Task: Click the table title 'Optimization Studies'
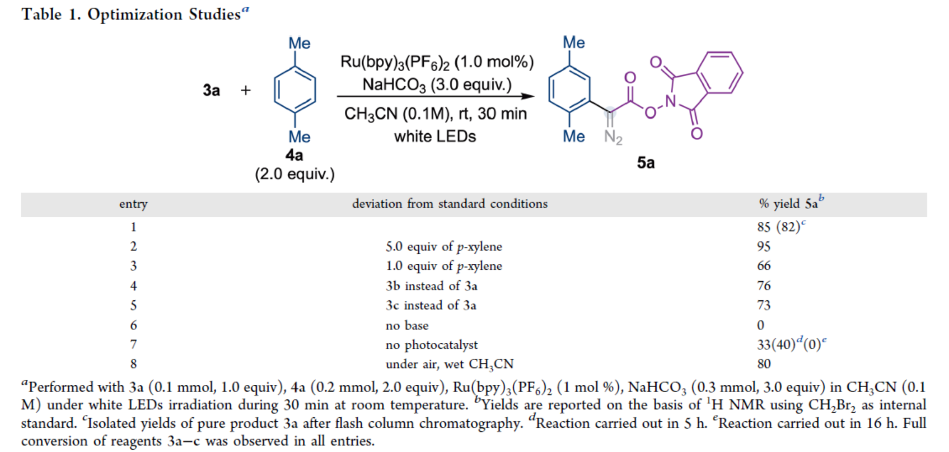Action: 164,14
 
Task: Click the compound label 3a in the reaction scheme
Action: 211,90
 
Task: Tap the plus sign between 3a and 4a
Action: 245,90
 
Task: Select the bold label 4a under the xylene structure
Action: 294,155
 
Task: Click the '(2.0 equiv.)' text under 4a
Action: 294,174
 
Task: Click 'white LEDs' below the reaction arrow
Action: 435,137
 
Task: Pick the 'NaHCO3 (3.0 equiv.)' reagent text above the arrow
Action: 437,85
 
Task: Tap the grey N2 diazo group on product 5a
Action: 613,137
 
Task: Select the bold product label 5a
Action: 646,162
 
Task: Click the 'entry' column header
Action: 133,204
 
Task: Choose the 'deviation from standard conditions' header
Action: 450,204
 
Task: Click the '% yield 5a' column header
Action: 790,203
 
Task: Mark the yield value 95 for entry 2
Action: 764,246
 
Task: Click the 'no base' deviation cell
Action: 407,325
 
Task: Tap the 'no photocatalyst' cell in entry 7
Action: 432,345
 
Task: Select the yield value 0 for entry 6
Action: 760,325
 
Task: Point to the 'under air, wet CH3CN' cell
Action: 450,365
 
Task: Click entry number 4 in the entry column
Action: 133,286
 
